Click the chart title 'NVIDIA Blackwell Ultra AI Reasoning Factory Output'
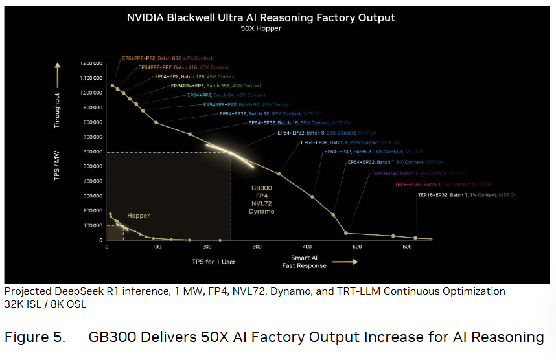(261, 18)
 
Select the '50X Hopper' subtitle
(261, 29)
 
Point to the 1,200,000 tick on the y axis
(90, 63)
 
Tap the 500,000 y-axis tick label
(92, 166)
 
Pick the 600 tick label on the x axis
(407, 247)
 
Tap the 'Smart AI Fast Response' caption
(305, 262)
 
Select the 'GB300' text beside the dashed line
(262, 188)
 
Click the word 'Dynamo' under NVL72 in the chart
(262, 212)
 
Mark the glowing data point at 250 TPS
(231, 153)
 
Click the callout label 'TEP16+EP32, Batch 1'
(448, 194)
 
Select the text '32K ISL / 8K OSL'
(45, 303)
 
